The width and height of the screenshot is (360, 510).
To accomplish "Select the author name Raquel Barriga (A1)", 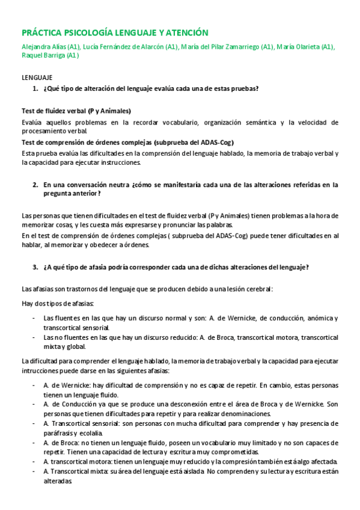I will [50, 55].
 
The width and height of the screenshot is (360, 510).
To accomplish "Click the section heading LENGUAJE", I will [37, 78].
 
